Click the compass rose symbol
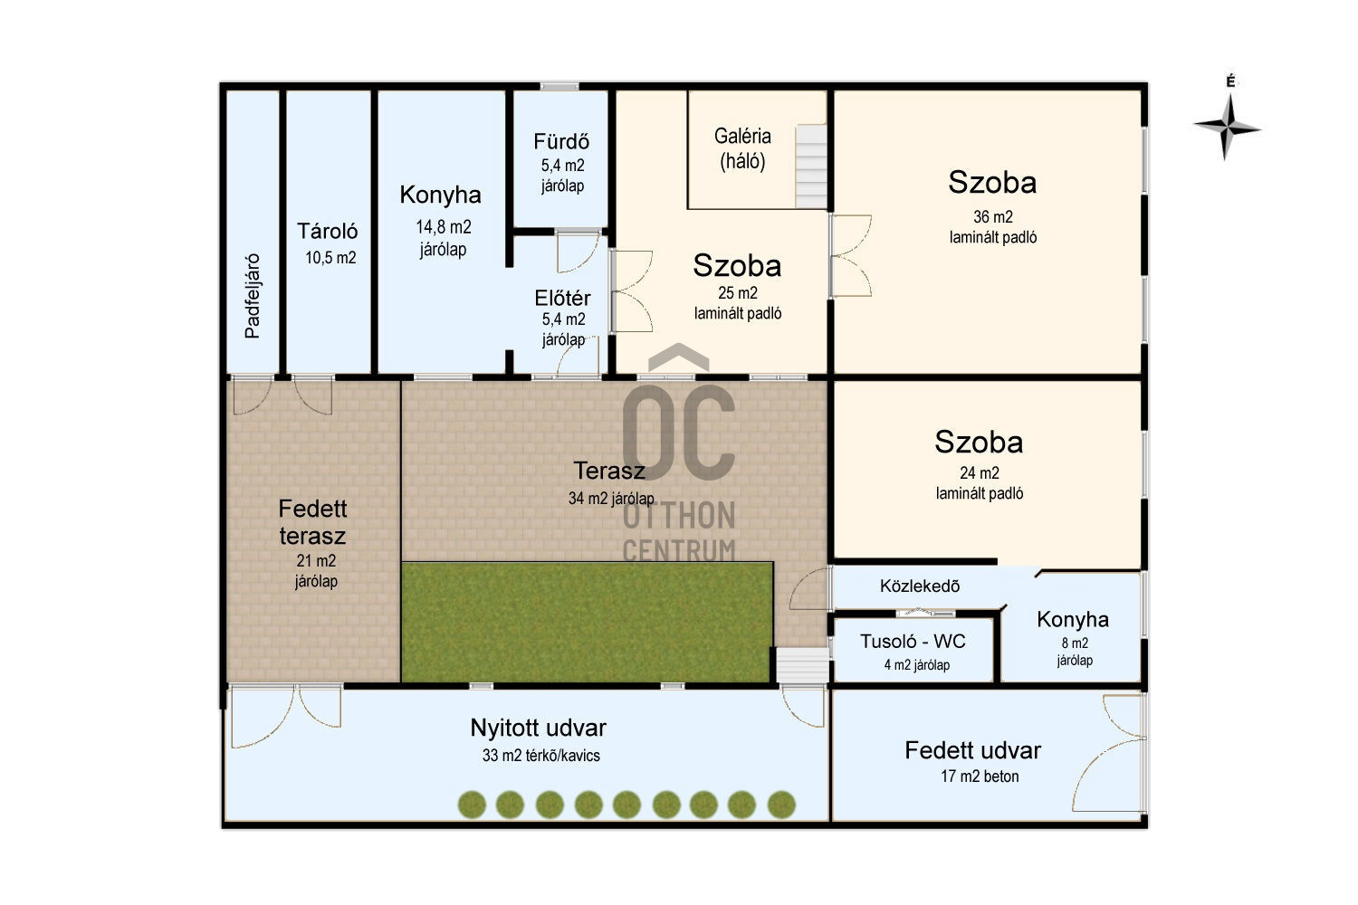pos(1227,128)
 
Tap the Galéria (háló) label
pos(742,148)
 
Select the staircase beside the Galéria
pos(810,167)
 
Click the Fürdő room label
pos(560,141)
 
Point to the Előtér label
pos(562,298)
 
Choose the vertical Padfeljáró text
pos(253,296)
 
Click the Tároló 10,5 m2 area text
pos(330,258)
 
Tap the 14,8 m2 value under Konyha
pos(444,227)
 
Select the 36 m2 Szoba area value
pos(992,216)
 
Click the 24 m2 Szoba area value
pos(979,472)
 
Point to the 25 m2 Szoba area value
pos(737,293)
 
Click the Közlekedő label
pos(920,586)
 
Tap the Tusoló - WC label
pos(913,641)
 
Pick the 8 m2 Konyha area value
pos(1075,643)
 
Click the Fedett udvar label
pos(972,750)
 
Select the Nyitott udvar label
pos(538,728)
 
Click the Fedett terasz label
pos(313,522)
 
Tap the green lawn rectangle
pos(587,622)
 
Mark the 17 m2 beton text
pos(979,776)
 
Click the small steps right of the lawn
pos(803,665)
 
